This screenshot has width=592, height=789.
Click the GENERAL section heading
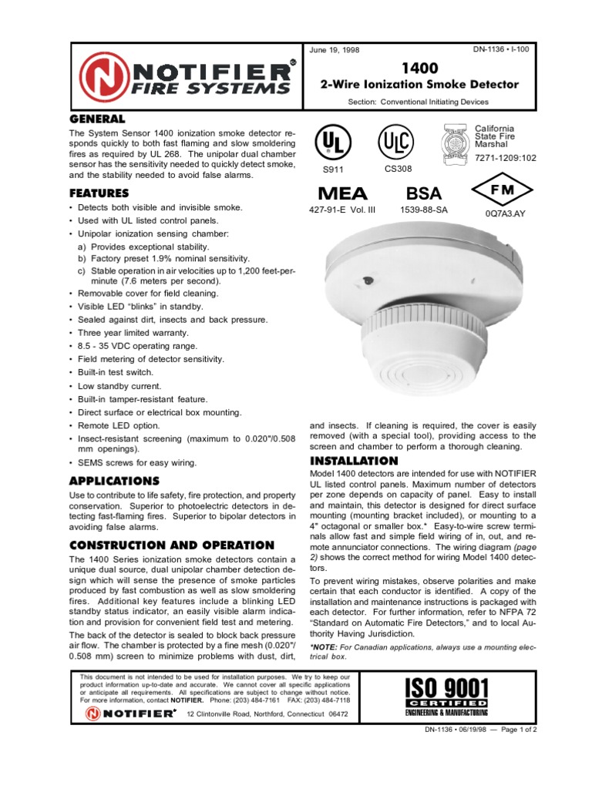coord(97,119)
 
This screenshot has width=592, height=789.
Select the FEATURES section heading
coord(99,193)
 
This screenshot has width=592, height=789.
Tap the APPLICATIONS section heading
coord(114,481)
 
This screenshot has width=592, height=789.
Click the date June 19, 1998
coord(335,51)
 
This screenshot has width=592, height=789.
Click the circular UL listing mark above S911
coord(330,143)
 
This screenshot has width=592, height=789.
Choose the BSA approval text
coord(425,193)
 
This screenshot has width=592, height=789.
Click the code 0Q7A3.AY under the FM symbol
coord(504,213)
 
